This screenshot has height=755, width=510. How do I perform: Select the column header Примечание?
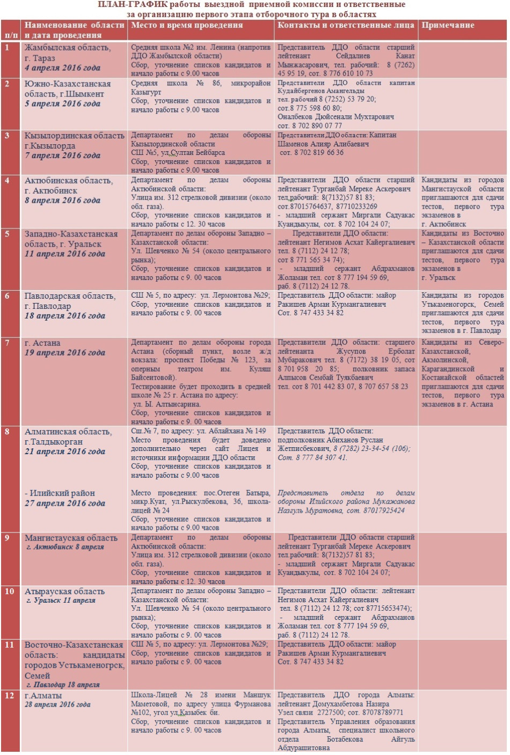pyautogui.click(x=448, y=25)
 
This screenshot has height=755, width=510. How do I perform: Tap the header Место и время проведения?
pyautogui.click(x=187, y=25)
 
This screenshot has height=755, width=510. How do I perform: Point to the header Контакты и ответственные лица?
pyautogui.click(x=346, y=25)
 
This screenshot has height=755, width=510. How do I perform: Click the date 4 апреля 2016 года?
pyautogui.click(x=62, y=68)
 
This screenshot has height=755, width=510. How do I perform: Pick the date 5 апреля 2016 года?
pyautogui.click(x=62, y=103)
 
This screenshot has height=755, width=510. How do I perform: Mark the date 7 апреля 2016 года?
pyautogui.click(x=62, y=156)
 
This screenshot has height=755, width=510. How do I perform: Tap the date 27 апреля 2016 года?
pyautogui.click(x=65, y=503)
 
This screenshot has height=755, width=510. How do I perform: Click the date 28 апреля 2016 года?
pyautogui.click(x=57, y=705)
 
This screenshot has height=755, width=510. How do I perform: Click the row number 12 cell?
pyautogui.click(x=9, y=695)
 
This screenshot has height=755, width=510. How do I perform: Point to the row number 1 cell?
pyautogui.click(x=7, y=47)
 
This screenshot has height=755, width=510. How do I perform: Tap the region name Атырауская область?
pyautogui.click(x=64, y=591)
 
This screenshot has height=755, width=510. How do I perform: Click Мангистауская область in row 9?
pyautogui.click(x=71, y=538)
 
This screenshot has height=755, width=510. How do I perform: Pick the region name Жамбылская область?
pyautogui.click(x=68, y=48)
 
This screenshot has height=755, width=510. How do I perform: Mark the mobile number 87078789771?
pyautogui.click(x=382, y=713)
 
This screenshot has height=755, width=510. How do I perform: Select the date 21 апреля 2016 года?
pyautogui.click(x=65, y=451)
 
